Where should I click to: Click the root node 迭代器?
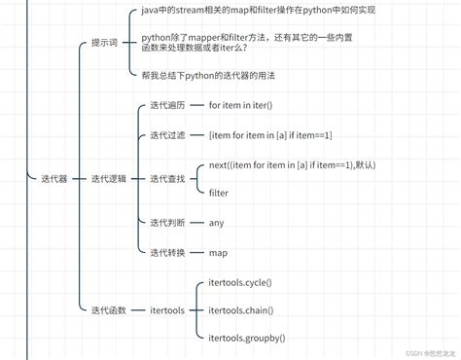click(x=53, y=179)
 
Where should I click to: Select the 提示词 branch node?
click(x=105, y=43)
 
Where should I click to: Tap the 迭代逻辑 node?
click(x=108, y=179)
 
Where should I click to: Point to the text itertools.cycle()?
click(x=240, y=282)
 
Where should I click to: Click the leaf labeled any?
click(x=216, y=222)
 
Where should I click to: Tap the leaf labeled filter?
click(x=219, y=193)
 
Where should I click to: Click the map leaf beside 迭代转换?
click(x=218, y=253)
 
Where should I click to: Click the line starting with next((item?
click(x=292, y=164)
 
